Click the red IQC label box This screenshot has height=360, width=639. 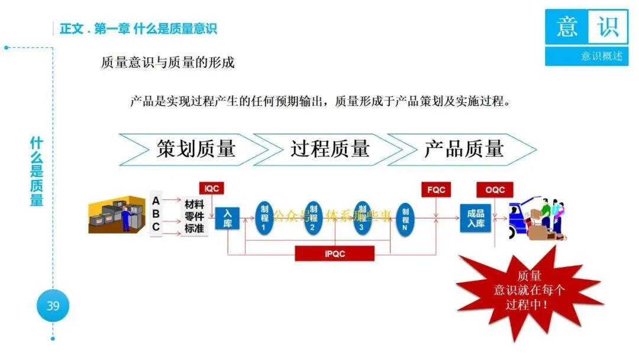[211, 189]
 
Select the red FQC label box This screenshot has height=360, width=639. [436, 190]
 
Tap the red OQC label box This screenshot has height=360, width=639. [495, 190]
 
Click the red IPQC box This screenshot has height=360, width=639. [335, 254]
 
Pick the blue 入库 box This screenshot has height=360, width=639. [227, 218]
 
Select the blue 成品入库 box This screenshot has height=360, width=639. [476, 217]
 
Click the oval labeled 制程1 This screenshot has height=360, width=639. [264, 218]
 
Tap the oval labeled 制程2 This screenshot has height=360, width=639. [314, 218]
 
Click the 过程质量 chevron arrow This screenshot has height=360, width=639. [329, 149]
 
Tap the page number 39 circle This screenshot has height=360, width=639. [53, 306]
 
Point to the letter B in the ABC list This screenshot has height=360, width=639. [156, 213]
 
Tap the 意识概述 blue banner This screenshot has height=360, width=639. [586, 57]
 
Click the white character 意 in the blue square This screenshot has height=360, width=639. [566, 27]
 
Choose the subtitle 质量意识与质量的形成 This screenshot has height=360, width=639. [168, 62]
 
